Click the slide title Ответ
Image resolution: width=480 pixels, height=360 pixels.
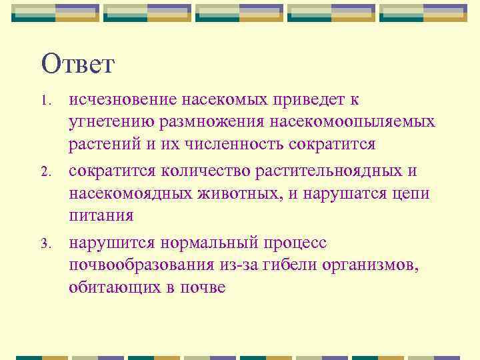pyautogui.click(x=78, y=65)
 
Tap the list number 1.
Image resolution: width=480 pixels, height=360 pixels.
pyautogui.click(x=45, y=101)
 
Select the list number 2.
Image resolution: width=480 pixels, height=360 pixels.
pyautogui.click(x=45, y=173)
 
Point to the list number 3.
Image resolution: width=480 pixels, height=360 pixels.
pyautogui.click(x=45, y=244)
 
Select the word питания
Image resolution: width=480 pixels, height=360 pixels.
pyautogui.click(x=101, y=216)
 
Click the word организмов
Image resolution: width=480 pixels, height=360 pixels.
pyautogui.click(x=375, y=265)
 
